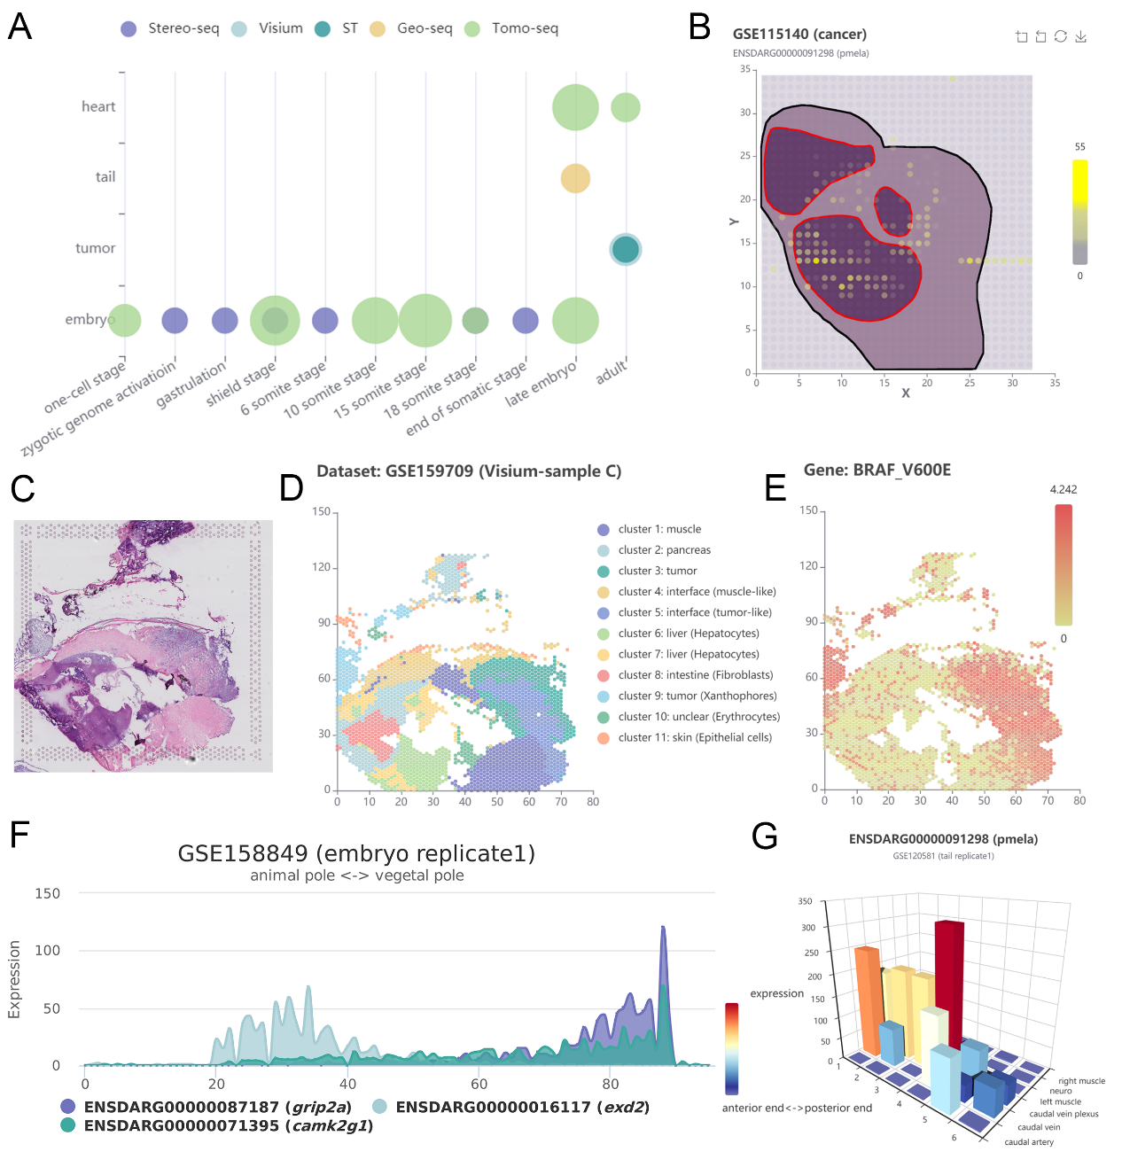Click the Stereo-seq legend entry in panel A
pos(169,28)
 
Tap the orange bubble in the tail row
pos(575,178)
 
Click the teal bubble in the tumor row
pos(626,249)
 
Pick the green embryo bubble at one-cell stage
pos(125,320)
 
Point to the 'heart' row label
pos(98,106)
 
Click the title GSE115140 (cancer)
pos(799,34)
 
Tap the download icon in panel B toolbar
pos(1080,36)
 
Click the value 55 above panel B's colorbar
pos(1079,146)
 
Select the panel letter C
pos(23,488)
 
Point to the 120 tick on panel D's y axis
pos(321,567)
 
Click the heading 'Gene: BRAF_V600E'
pos(877,470)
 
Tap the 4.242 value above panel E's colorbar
pos(1063,489)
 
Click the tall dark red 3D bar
pos(949,975)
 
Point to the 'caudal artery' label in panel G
pos(1029,1142)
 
